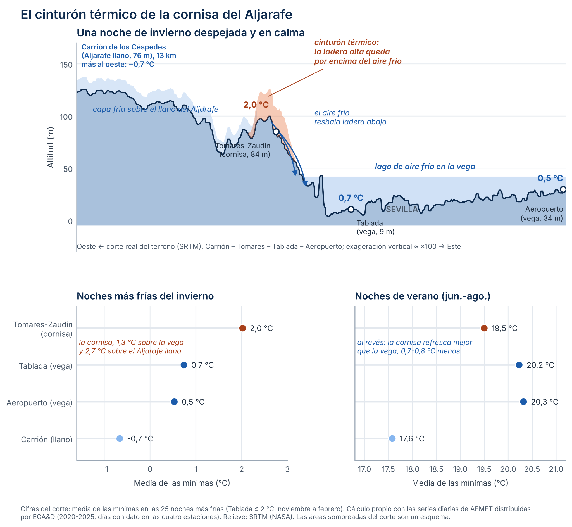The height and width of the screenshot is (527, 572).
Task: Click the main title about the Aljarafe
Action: pyautogui.click(x=156, y=15)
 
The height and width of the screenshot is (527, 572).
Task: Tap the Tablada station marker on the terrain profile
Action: pyautogui.click(x=351, y=209)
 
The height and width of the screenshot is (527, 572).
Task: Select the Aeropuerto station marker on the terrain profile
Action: pyautogui.click(x=563, y=190)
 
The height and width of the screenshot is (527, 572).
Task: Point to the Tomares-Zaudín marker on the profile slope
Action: pyautogui.click(x=276, y=131)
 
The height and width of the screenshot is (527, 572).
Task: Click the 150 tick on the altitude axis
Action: pyautogui.click(x=66, y=65)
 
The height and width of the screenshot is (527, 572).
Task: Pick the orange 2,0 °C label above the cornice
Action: pyautogui.click(x=256, y=105)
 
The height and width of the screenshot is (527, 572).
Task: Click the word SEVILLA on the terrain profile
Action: pyautogui.click(x=402, y=210)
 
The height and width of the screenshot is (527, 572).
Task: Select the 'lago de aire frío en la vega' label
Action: pyautogui.click(x=425, y=167)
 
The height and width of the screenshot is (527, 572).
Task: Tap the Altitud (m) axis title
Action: pyautogui.click(x=51, y=148)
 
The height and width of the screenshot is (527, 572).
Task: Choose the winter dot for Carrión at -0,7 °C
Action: pyautogui.click(x=120, y=439)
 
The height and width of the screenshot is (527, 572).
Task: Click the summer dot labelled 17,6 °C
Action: pyautogui.click(x=392, y=439)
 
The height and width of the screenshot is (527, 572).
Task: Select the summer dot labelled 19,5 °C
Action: pyautogui.click(x=484, y=328)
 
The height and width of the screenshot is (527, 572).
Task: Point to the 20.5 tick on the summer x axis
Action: pyautogui.click(x=532, y=470)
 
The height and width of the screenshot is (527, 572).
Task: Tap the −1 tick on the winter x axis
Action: pyautogui.click(x=104, y=470)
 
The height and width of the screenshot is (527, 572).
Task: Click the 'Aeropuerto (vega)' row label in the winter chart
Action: pyautogui.click(x=40, y=403)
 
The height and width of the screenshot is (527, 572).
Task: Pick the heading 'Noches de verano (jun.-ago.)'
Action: pyautogui.click(x=423, y=296)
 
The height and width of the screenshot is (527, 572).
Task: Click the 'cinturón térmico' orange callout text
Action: pyautogui.click(x=358, y=52)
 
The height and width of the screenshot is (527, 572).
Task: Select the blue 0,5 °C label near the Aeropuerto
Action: pyautogui.click(x=550, y=178)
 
